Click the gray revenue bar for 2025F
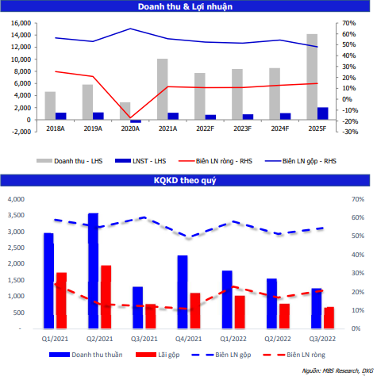tap(312, 77)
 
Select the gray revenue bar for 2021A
tap(163, 89)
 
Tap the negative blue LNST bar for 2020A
tap(136, 121)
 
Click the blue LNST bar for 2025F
tap(323, 113)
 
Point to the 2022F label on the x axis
tap(205, 129)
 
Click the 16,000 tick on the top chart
tap(21, 23)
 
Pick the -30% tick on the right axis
tap(350, 132)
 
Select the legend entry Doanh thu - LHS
tap(70, 161)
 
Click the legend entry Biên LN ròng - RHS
tap(215, 161)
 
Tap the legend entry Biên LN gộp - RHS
tap(301, 161)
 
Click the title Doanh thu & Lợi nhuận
tap(185, 6)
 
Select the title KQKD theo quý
tap(185, 180)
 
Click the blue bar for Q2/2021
tap(94, 271)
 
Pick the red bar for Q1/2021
tap(62, 301)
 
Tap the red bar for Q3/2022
tap(329, 318)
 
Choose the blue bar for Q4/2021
tap(183, 292)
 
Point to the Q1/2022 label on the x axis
tap(233, 339)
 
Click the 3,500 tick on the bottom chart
tap(16, 215)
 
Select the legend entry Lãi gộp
tap(158, 355)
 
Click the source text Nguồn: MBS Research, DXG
tap(337, 370)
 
